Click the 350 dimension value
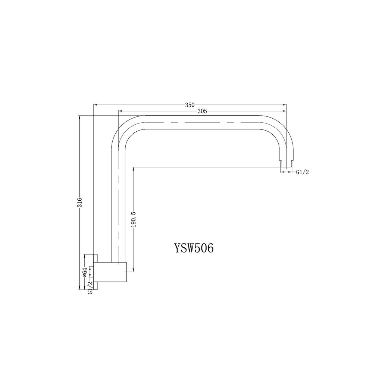pos(190,105)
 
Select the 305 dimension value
pos(203,111)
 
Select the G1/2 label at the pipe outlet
pos(303,172)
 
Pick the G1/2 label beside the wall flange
pos(90,288)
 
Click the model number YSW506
pos(193,248)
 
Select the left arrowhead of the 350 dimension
pos(95,105)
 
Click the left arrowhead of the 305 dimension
pos(120,111)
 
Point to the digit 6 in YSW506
pos(210,248)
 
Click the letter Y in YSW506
pos(177,248)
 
